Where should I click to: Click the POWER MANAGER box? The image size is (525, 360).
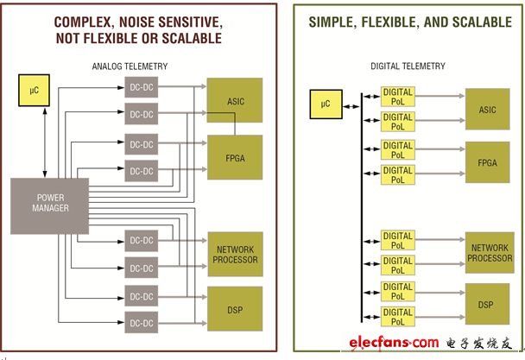pyautogui.click(x=49, y=206)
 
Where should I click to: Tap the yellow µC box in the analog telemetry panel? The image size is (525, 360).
pyautogui.click(x=35, y=91)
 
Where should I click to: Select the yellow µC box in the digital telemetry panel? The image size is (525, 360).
pyautogui.click(x=326, y=104)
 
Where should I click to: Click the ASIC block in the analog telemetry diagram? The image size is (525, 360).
pyautogui.click(x=235, y=100)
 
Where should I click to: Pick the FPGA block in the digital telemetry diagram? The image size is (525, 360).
pyautogui.click(x=488, y=162)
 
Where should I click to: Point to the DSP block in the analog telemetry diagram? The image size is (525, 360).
pyautogui.click(x=235, y=309)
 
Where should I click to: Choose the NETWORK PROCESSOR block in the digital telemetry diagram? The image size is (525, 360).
pyautogui.click(x=490, y=252)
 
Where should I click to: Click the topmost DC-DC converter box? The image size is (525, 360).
pyautogui.click(x=142, y=87)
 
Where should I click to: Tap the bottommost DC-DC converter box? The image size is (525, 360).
pyautogui.click(x=142, y=323)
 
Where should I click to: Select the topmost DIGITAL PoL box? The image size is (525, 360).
pyautogui.click(x=398, y=97)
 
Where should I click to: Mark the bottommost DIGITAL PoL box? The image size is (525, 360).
pyautogui.click(x=398, y=317)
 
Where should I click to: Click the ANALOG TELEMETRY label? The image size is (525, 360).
pyautogui.click(x=130, y=66)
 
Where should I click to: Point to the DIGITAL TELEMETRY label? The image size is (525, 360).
pyautogui.click(x=408, y=66)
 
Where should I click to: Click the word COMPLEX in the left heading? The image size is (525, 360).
pyautogui.click(x=82, y=22)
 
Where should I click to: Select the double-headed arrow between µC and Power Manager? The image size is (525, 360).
pyautogui.click(x=45, y=142)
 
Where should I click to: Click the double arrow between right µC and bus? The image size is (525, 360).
pyautogui.click(x=351, y=106)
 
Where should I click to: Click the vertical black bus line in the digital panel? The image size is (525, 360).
pyautogui.click(x=362, y=208)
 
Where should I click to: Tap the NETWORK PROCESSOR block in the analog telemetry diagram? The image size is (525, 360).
pyautogui.click(x=236, y=254)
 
